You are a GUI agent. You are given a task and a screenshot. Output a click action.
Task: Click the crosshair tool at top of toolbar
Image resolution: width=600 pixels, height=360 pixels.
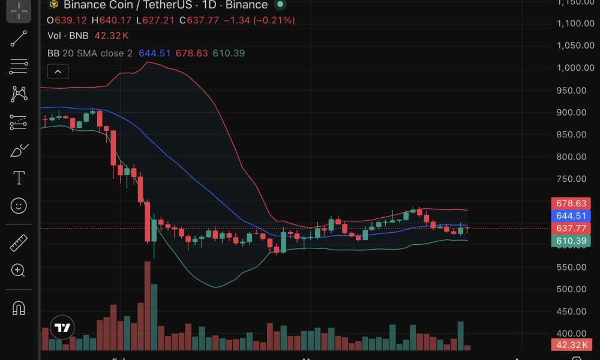19,10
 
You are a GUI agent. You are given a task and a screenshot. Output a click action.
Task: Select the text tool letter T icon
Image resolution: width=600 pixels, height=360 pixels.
19,178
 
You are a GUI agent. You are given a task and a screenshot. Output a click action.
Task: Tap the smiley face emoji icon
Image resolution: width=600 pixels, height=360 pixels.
19,206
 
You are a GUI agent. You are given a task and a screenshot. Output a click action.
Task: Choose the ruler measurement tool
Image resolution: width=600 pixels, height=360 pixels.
19,242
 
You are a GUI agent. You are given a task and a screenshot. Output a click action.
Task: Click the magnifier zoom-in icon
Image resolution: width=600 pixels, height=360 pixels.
19,271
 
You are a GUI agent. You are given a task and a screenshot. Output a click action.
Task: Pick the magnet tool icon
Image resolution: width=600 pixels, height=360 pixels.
19,308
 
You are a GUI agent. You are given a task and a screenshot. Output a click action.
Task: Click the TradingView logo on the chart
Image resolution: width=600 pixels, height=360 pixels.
62,328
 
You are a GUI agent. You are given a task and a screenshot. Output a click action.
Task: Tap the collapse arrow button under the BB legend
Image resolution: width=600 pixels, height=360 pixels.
58,72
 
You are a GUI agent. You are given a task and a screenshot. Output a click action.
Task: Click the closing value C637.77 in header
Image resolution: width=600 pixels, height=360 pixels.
203,20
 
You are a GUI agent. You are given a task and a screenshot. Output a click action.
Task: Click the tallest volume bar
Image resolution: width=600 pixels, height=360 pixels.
147,306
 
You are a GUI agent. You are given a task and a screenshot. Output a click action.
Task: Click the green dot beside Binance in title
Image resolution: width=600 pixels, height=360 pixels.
280,5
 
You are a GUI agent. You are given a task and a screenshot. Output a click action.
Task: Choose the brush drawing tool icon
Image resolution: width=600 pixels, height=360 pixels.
19,150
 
